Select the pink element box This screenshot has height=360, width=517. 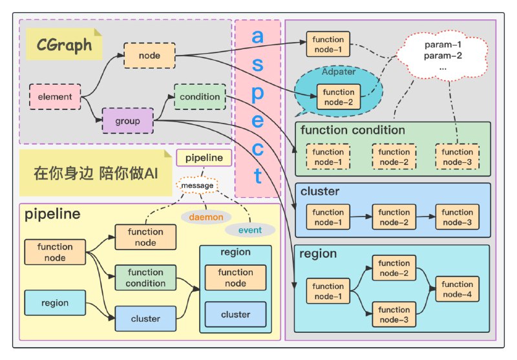[55, 97]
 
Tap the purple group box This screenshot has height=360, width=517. [128, 121]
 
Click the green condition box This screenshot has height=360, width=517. [200, 97]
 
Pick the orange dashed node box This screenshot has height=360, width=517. [149, 56]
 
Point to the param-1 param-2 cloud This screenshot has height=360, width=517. [443, 56]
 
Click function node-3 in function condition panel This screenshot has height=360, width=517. [457, 156]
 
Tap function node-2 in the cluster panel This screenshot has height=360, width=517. [394, 217]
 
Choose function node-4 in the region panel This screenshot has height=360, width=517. [457, 289]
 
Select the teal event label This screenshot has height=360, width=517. [249, 229]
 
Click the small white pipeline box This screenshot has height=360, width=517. [204, 157]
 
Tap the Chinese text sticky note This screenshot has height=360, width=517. [89, 173]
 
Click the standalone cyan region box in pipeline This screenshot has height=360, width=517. [55, 302]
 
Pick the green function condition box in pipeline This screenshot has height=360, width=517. [145, 277]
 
